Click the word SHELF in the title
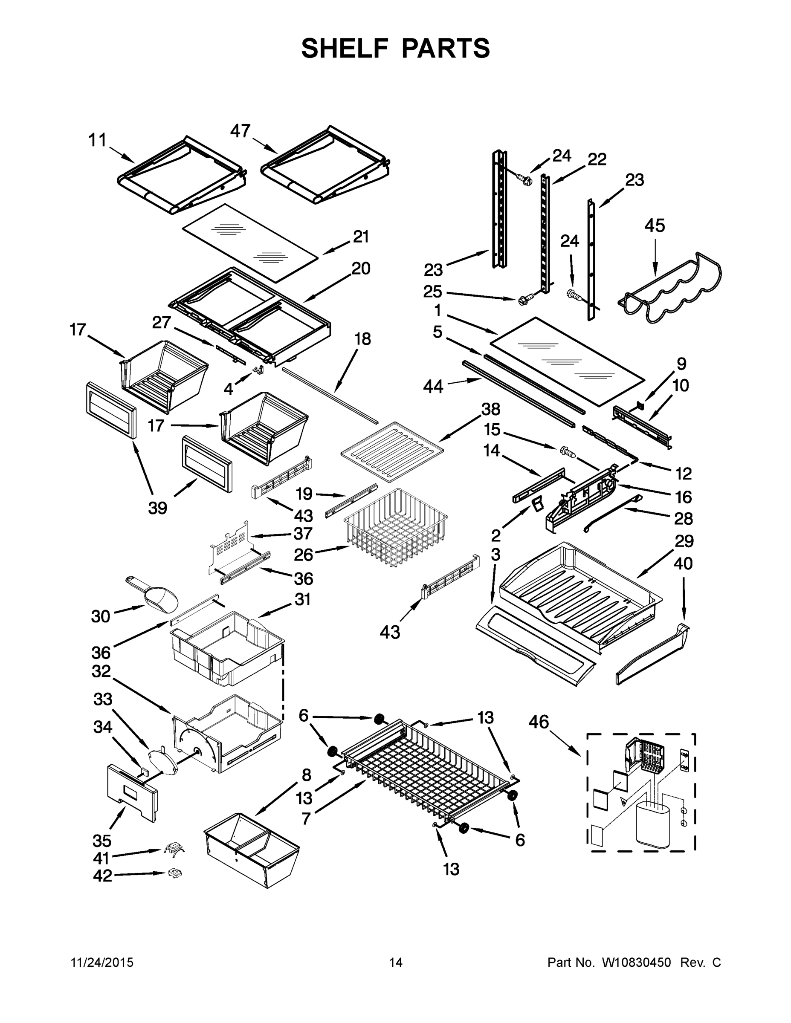coord(345,48)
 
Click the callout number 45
coord(654,226)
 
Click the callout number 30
coord(101,616)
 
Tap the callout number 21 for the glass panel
coord(361,237)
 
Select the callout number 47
coord(240,131)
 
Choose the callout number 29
coord(684,541)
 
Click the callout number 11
coord(98,140)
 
